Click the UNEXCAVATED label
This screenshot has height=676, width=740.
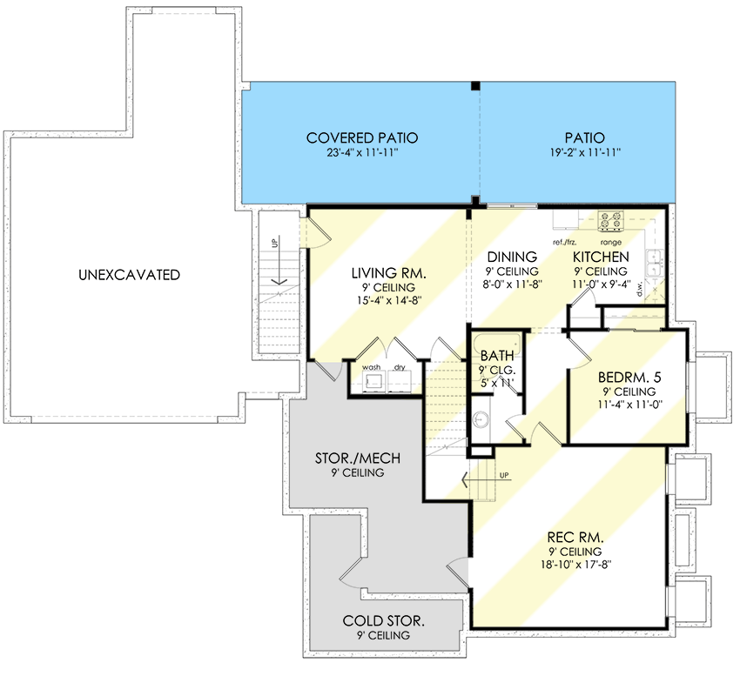pos(129,275)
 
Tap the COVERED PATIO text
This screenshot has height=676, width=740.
pos(362,137)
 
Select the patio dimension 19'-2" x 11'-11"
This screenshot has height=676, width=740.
pos(585,152)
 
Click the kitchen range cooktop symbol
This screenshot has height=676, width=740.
pos(610,221)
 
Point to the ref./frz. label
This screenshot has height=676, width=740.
pos(564,243)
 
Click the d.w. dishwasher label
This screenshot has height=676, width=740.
pos(640,289)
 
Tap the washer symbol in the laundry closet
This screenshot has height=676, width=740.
pos(374,381)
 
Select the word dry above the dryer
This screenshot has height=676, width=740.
pos(400,367)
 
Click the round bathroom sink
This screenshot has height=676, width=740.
pos(481,418)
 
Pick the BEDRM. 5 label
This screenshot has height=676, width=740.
pos(629,377)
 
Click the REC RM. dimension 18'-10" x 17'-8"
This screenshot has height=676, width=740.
pos(575,565)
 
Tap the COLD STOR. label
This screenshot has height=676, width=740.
pos(383,621)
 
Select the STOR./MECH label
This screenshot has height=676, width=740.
pos(358,458)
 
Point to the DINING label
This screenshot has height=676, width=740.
pos(512,258)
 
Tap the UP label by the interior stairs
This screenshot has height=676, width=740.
pos(504,475)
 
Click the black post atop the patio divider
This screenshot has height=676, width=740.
pos(476,86)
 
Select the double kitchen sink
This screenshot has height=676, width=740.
pos(654,262)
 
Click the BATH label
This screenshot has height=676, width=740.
pos(497,356)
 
